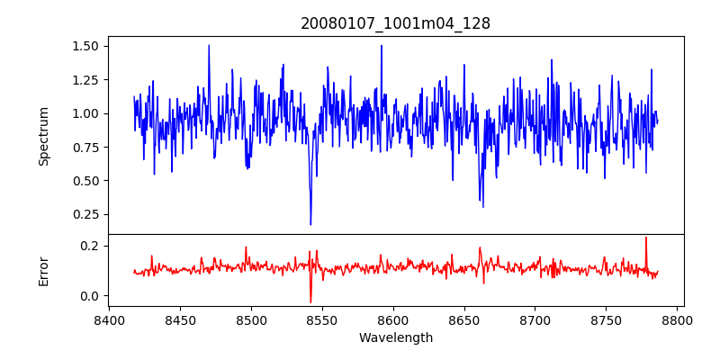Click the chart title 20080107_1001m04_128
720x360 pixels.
coord(395,23)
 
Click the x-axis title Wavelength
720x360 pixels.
coord(395,338)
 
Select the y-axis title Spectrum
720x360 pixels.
coord(43,136)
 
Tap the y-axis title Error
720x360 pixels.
coord(43,270)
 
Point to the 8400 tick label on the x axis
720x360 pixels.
coord(109,320)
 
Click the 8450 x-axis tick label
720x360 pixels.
coord(180,320)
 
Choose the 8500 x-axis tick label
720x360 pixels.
coord(251,320)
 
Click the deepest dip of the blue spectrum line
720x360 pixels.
coord(310,224)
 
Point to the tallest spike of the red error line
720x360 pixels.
coord(646,238)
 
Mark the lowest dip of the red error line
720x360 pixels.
coord(310,302)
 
